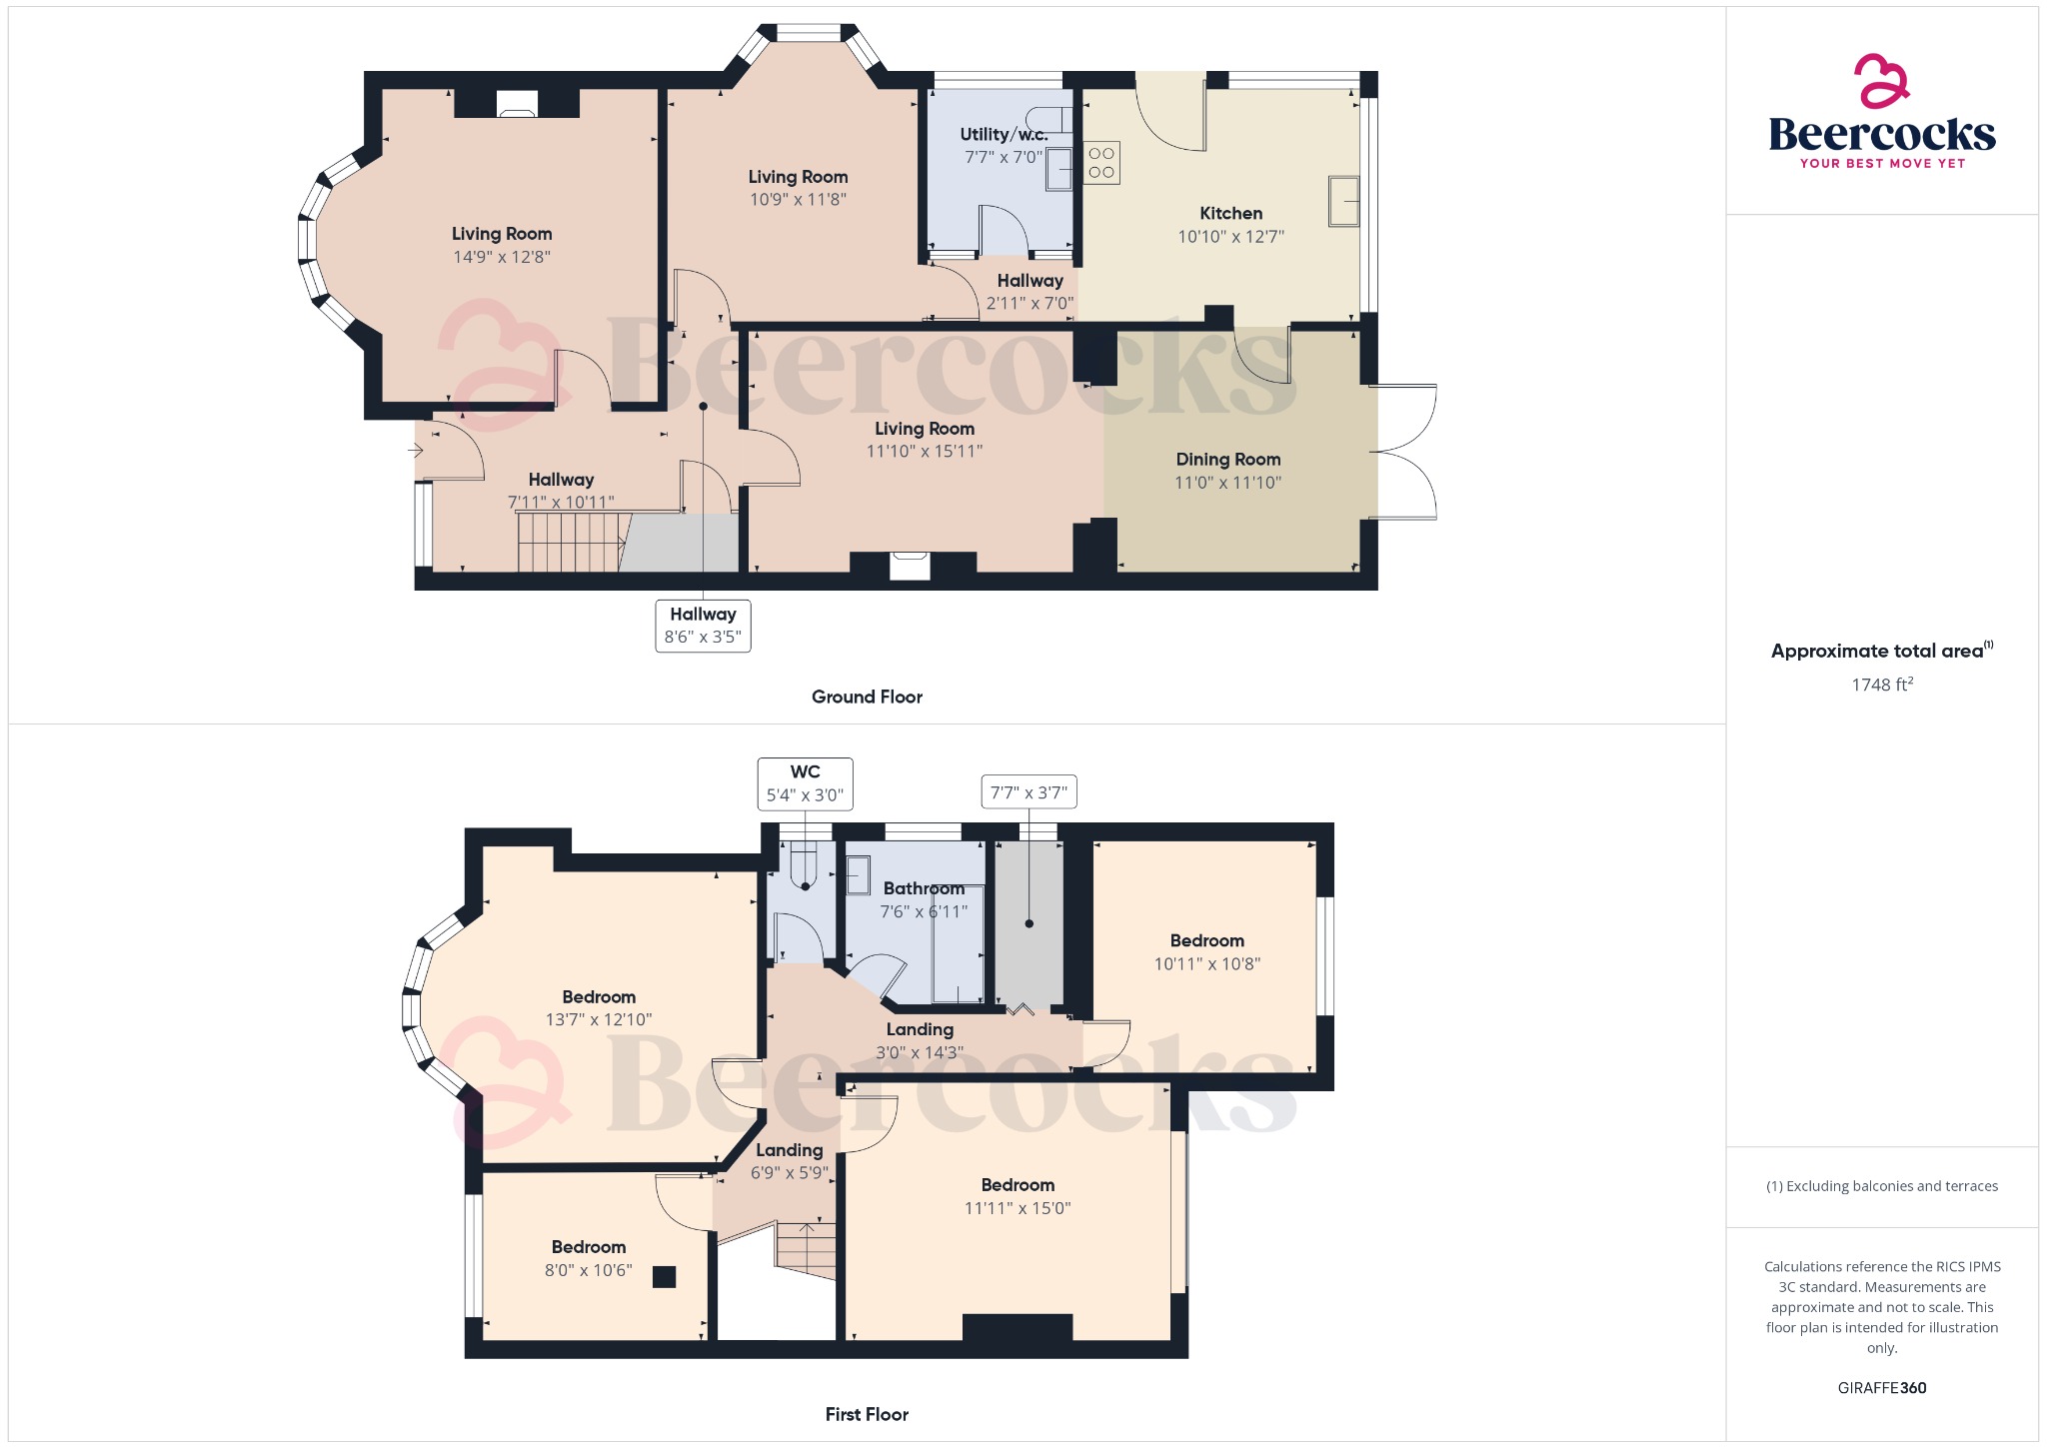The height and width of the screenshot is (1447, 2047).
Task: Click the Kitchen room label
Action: point(1230,214)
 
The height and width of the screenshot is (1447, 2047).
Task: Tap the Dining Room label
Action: point(1227,460)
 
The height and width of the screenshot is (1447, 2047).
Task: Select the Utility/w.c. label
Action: point(1004,135)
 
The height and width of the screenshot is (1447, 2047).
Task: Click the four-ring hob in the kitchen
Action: point(1101,163)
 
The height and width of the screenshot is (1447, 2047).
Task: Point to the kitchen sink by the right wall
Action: point(1344,201)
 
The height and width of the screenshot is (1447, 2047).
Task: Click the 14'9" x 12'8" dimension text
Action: point(502,257)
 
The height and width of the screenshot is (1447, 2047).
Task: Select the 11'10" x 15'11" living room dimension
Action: point(925,452)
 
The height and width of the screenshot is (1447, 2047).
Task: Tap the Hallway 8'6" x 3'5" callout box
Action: point(703,626)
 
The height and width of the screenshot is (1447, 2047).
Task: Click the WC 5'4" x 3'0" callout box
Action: point(805,783)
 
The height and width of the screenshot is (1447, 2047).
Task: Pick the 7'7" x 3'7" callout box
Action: point(1028,792)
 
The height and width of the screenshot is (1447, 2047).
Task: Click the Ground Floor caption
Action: point(867,698)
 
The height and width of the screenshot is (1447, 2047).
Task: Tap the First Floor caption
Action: point(867,1415)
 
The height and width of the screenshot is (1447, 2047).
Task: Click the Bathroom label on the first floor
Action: point(924,888)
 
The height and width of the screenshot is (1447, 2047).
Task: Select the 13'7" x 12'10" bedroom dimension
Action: point(599,1020)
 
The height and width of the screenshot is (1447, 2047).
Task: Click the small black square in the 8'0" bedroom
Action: point(665,1276)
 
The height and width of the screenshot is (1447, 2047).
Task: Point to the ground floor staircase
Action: point(570,542)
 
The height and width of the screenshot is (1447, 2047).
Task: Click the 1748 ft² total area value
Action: point(1882,685)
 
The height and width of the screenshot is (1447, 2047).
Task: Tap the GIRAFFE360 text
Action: point(1882,1388)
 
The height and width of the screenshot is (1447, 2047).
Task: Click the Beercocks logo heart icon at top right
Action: point(1881,81)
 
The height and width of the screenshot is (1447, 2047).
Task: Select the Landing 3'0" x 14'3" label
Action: point(920,1040)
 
